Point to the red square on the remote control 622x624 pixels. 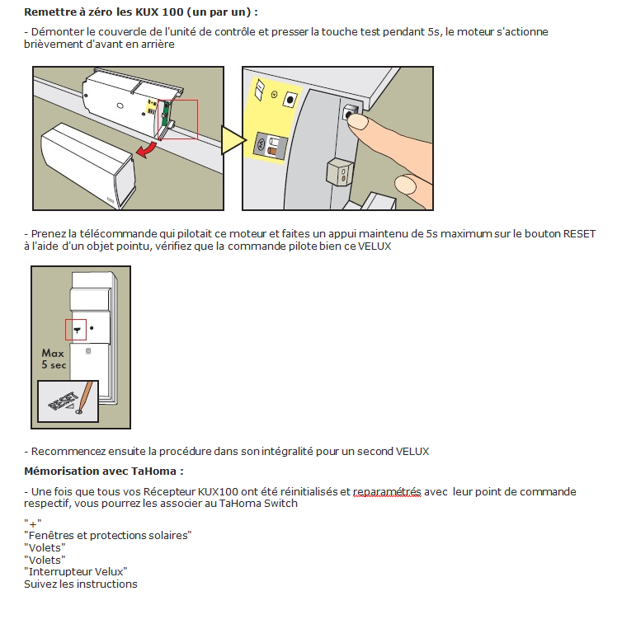point(77,328)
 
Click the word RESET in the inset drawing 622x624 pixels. point(64,401)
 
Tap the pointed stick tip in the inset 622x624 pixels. point(80,411)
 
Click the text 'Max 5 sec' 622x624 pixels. point(53,358)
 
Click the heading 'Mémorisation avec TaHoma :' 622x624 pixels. point(103,472)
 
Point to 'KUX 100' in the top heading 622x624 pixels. point(177,13)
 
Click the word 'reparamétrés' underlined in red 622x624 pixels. point(387,492)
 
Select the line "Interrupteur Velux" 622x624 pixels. point(76,571)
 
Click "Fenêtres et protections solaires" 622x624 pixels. point(108,535)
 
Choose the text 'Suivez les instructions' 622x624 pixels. point(81,584)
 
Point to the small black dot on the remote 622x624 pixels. point(92,328)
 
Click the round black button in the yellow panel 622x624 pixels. point(290,100)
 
